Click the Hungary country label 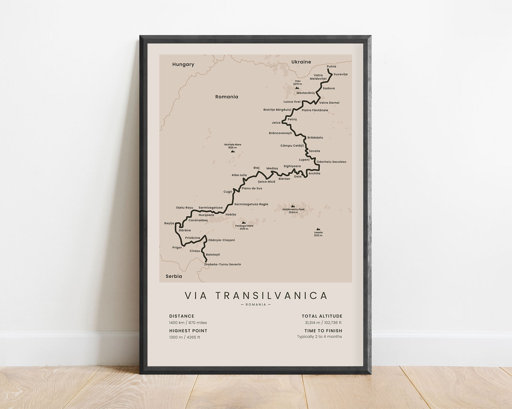tap(183, 64)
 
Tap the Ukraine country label tap(301, 62)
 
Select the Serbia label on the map tap(174, 276)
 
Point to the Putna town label tap(331, 67)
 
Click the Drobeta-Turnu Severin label tap(223, 264)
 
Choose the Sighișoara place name tap(292, 166)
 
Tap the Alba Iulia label tap(239, 175)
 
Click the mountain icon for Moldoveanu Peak tap(293, 206)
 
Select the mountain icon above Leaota tap(318, 229)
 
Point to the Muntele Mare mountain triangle tap(232, 151)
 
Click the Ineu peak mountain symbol tap(297, 88)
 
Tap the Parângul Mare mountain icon tap(243, 223)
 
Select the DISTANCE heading tap(181, 316)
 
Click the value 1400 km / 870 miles tap(188, 323)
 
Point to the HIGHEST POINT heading tap(188, 331)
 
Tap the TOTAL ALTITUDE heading tap(322, 316)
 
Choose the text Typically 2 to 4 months tap(319, 337)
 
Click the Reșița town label tap(169, 224)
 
